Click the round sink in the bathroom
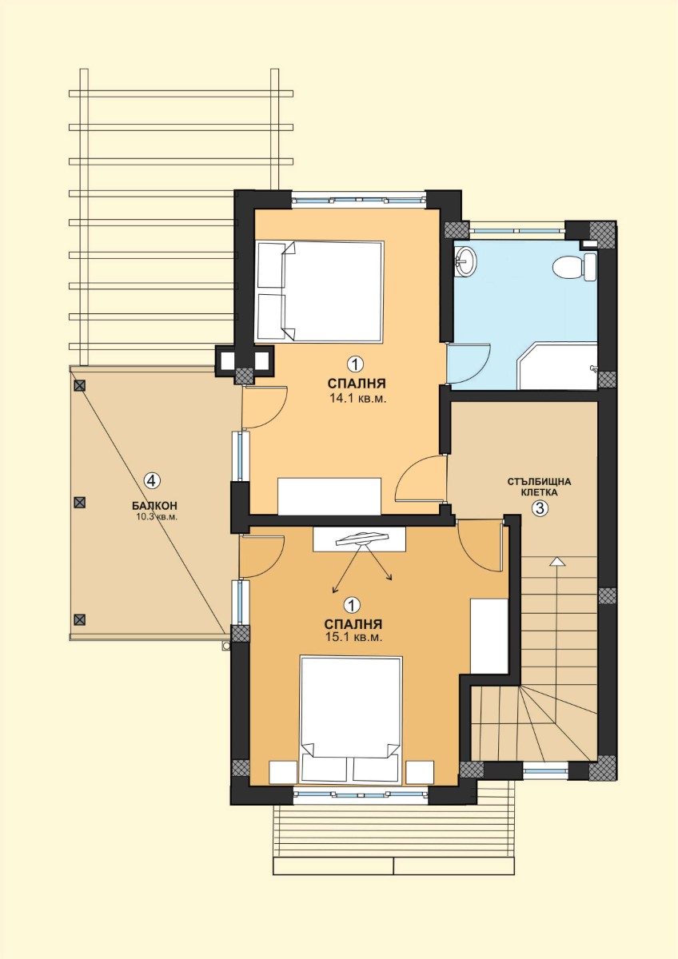[465, 260]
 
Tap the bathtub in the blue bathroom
[556, 365]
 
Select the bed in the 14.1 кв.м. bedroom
[319, 291]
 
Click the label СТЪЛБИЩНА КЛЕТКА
[539, 487]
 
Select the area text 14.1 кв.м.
[357, 399]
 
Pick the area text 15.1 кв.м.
[353, 637]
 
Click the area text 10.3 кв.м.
[157, 517]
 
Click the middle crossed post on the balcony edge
[79, 502]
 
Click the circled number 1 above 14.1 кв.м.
[355, 364]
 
